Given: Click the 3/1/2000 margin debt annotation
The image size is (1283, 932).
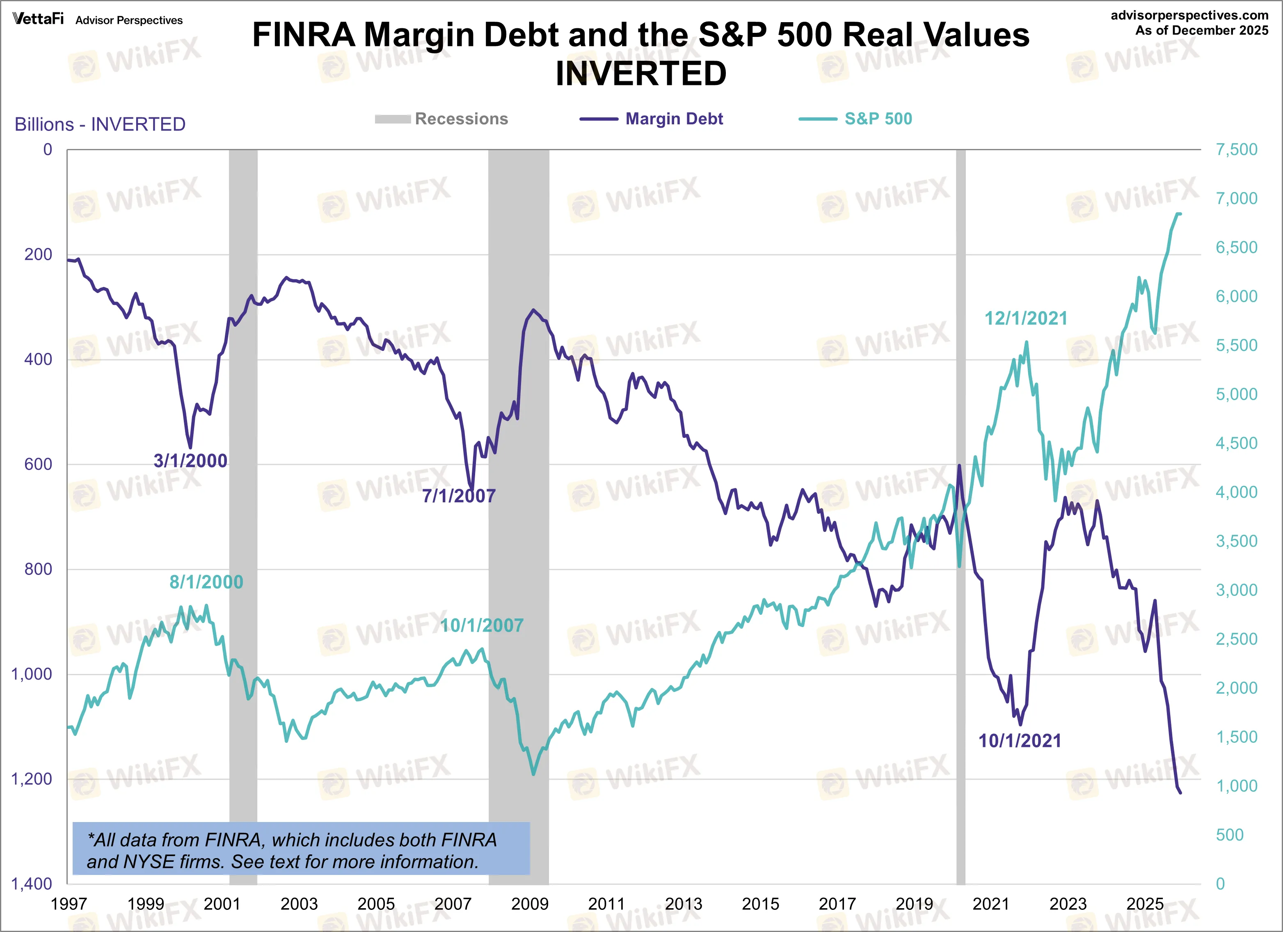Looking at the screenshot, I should [x=190, y=460].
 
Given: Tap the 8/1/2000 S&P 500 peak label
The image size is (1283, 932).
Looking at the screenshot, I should [x=206, y=582].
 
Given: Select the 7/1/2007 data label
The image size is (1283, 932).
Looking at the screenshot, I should [x=458, y=496].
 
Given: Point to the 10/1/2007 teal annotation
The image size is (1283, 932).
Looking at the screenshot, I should [x=481, y=625].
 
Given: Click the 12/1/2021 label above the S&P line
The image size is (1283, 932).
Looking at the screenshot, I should [x=1026, y=318].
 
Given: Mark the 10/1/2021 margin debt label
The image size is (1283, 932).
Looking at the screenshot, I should [x=1020, y=741].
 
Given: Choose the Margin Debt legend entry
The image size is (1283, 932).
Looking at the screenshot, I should [x=673, y=119].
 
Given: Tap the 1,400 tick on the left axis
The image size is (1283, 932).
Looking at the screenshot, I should [x=32, y=883].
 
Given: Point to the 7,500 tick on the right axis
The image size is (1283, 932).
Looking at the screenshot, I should [x=1236, y=149].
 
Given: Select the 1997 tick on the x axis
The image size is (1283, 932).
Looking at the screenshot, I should [x=69, y=904].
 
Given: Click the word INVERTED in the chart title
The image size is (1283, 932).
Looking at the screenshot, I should [x=640, y=73].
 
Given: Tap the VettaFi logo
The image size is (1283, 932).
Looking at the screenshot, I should [x=38, y=19].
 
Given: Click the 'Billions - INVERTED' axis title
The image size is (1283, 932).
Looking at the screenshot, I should [x=100, y=124].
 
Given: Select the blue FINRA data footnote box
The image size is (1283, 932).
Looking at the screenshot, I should [x=301, y=849].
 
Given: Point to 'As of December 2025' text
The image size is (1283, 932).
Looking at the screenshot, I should [x=1201, y=30].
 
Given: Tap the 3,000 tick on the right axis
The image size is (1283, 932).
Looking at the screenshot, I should [x=1236, y=590].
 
